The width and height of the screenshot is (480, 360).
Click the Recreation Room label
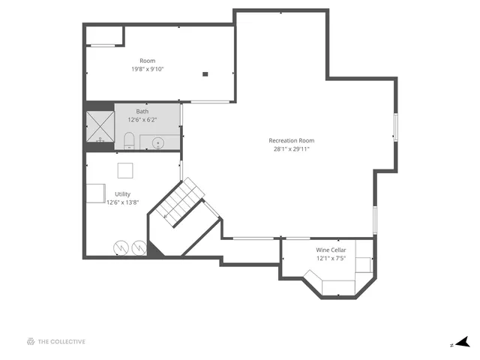tap(291, 140)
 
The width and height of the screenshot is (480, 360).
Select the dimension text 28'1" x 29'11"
tap(291, 149)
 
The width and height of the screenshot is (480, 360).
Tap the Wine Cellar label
tap(331, 250)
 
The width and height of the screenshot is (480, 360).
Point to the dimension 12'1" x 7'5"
tap(331, 259)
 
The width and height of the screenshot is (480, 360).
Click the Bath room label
tap(142, 112)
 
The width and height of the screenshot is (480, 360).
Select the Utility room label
tap(122, 193)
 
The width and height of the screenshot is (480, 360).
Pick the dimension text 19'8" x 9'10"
tap(147, 69)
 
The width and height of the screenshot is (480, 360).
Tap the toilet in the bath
tap(128, 141)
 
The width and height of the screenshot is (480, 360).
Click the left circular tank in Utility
tap(121, 247)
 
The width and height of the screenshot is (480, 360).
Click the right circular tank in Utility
tap(138, 247)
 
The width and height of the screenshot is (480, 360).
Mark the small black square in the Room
tap(205, 74)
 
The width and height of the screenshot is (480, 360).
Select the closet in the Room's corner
tap(104, 35)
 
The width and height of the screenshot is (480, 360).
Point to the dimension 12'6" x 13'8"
tap(122, 202)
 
